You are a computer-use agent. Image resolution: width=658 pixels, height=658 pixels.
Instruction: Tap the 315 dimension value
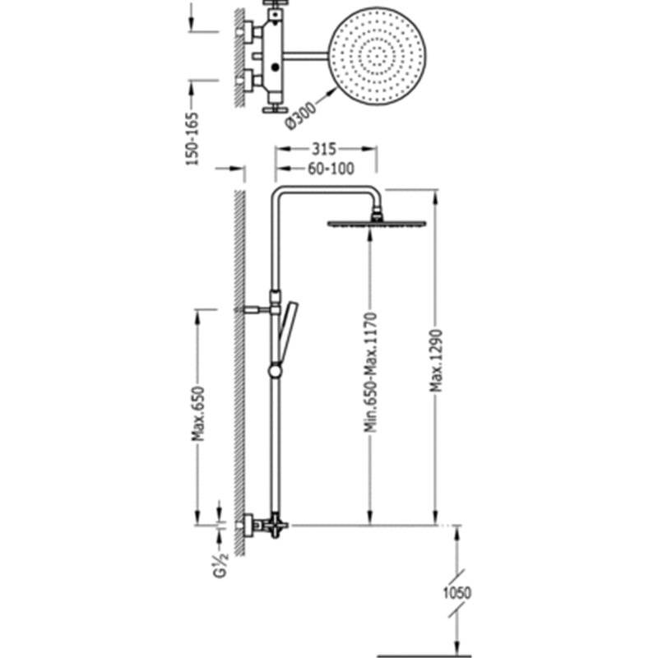pos(324,149)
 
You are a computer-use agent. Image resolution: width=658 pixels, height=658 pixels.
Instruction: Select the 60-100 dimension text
pos(331,169)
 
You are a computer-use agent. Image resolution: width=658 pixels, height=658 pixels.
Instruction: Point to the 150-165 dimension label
pos(192,138)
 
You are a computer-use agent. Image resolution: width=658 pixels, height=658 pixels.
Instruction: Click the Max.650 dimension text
pos(198,414)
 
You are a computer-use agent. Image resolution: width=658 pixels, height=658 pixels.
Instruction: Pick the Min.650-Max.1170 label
pos(371,373)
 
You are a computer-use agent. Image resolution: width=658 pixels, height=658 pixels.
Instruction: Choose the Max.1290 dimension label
pos(437,361)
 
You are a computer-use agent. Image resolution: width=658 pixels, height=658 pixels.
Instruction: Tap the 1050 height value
pos(457,593)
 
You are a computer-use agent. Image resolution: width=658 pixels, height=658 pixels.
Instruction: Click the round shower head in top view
pos(377,56)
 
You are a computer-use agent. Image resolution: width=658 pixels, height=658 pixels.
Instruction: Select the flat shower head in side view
pos(377,224)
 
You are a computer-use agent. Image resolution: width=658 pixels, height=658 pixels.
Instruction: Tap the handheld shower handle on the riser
pos(288,332)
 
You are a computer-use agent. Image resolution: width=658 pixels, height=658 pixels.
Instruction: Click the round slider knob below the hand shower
pos(276,371)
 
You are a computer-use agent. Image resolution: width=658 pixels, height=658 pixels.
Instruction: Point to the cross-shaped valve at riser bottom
pos(275,526)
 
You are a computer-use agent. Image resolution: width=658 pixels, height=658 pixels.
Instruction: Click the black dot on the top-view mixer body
pos(276,67)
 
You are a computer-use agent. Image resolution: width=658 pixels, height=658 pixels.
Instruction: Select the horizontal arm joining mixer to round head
pos(305,55)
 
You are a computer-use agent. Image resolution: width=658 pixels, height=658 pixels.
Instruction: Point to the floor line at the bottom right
pos(424,655)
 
